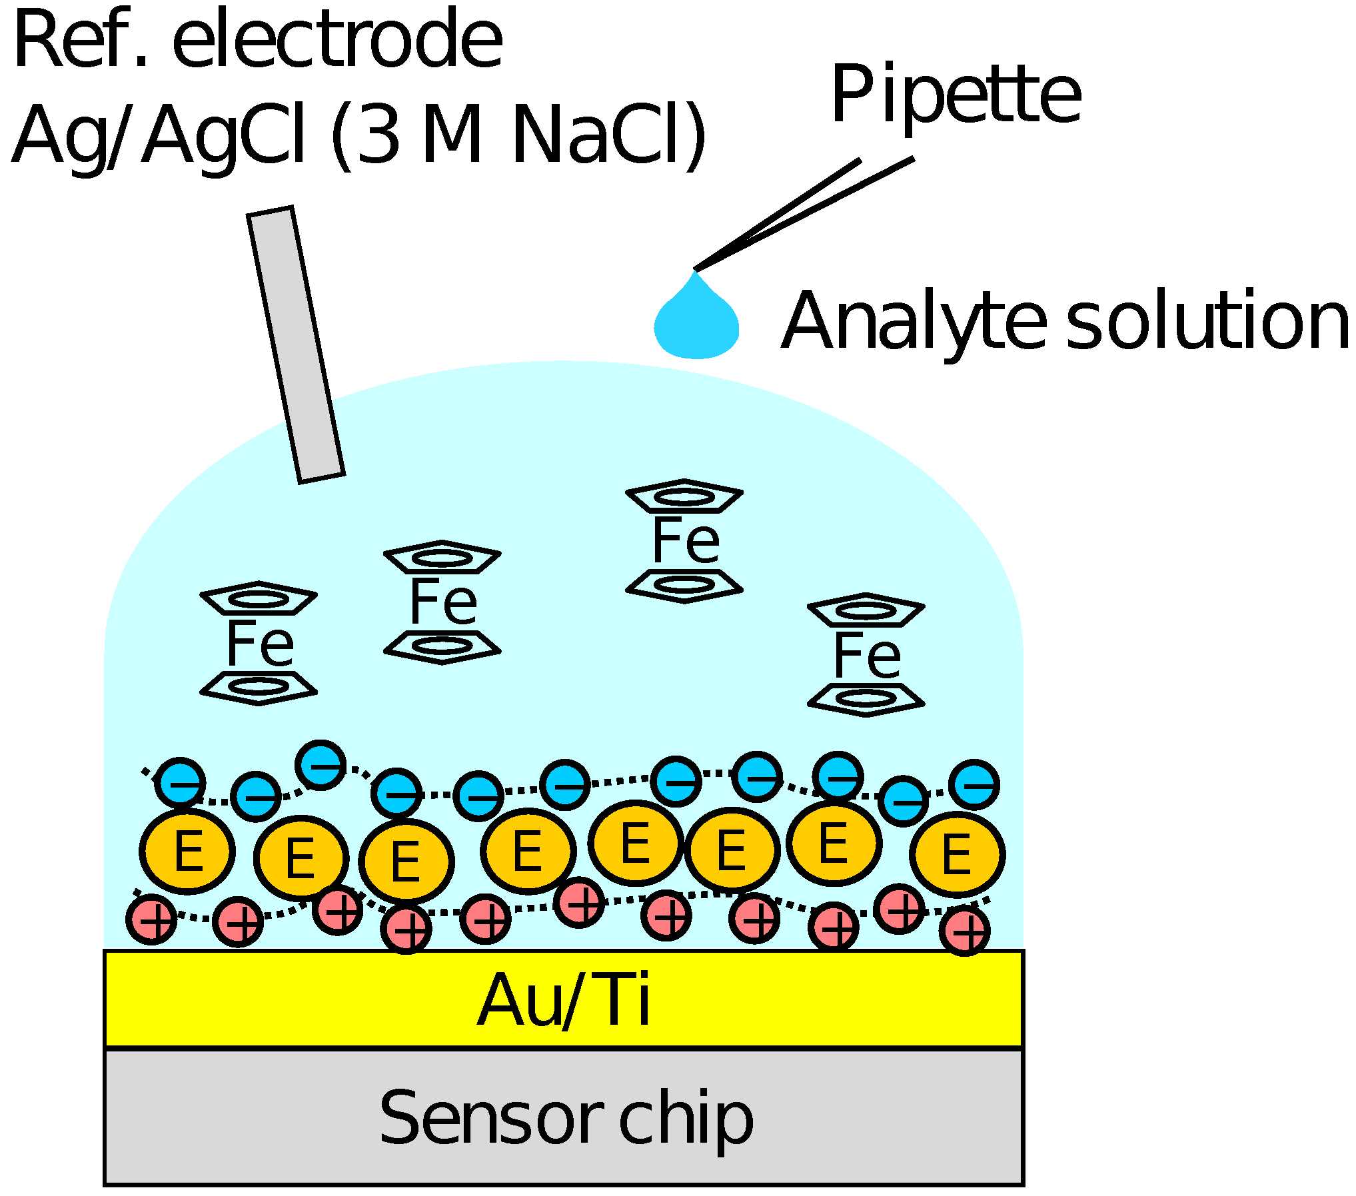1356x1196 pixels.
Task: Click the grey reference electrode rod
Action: pyautogui.click(x=296, y=344)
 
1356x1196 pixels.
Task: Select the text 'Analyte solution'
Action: pyautogui.click(x=1065, y=321)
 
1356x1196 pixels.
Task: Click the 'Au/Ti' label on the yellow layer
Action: pyautogui.click(x=563, y=1000)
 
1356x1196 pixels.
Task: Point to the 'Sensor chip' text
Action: pyautogui.click(x=565, y=1117)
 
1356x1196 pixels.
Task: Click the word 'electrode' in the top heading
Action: pyautogui.click(x=337, y=40)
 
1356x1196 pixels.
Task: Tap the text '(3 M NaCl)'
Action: pyautogui.click(x=518, y=135)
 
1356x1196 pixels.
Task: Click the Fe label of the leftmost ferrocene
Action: pyautogui.click(x=260, y=643)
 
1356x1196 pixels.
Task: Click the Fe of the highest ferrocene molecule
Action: pyautogui.click(x=685, y=540)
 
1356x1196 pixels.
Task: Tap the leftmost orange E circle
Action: pyautogui.click(x=187, y=852)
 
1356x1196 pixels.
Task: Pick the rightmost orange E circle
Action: pyautogui.click(x=958, y=854)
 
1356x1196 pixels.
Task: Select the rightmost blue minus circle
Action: pyautogui.click(x=974, y=785)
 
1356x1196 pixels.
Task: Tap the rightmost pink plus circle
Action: pyautogui.click(x=964, y=930)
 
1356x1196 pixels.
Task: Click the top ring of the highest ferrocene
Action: pyautogui.click(x=684, y=496)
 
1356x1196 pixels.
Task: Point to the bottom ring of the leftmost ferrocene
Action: pyautogui.click(x=259, y=687)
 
